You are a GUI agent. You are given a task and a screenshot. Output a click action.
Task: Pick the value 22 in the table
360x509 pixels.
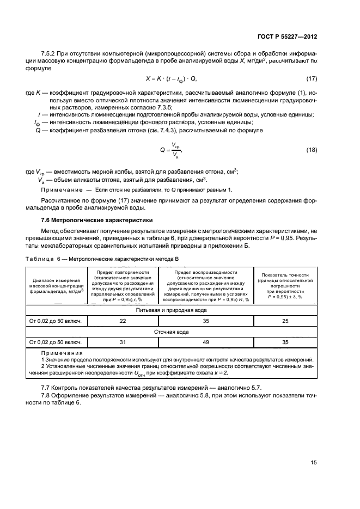point(123,321)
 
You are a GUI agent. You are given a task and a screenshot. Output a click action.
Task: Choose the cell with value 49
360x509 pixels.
point(206,342)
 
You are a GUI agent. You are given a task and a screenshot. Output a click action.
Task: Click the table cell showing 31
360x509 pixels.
point(123,342)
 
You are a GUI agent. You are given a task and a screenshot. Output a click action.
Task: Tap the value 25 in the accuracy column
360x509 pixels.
point(285,321)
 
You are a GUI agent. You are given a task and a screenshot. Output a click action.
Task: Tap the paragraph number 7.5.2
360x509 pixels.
point(50,53)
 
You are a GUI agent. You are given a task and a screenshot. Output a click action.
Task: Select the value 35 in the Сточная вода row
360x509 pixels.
point(285,342)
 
